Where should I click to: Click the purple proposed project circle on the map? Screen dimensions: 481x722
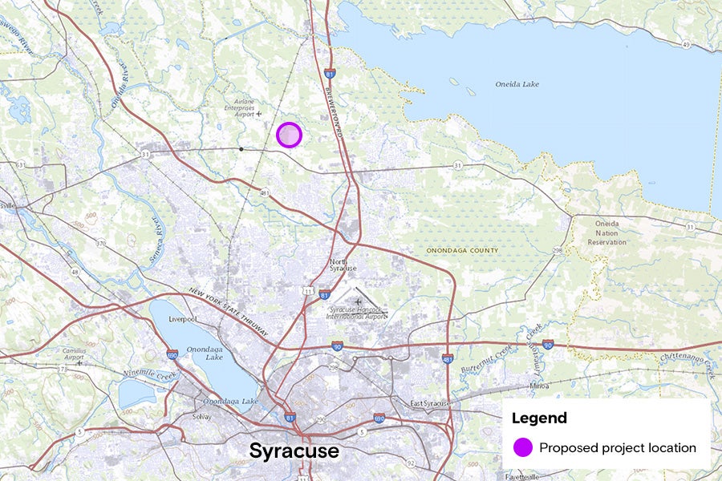coord(289,135)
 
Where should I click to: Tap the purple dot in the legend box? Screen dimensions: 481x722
coord(523,447)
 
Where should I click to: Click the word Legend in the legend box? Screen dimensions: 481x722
coord(539,418)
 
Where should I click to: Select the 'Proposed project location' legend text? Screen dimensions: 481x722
coord(617,447)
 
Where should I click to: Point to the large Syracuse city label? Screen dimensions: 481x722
coord(294,451)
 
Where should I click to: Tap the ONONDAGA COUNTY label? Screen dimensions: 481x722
coord(461,251)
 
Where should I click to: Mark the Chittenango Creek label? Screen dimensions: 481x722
coord(687,362)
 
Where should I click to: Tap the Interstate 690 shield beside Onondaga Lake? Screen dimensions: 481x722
coord(172,354)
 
